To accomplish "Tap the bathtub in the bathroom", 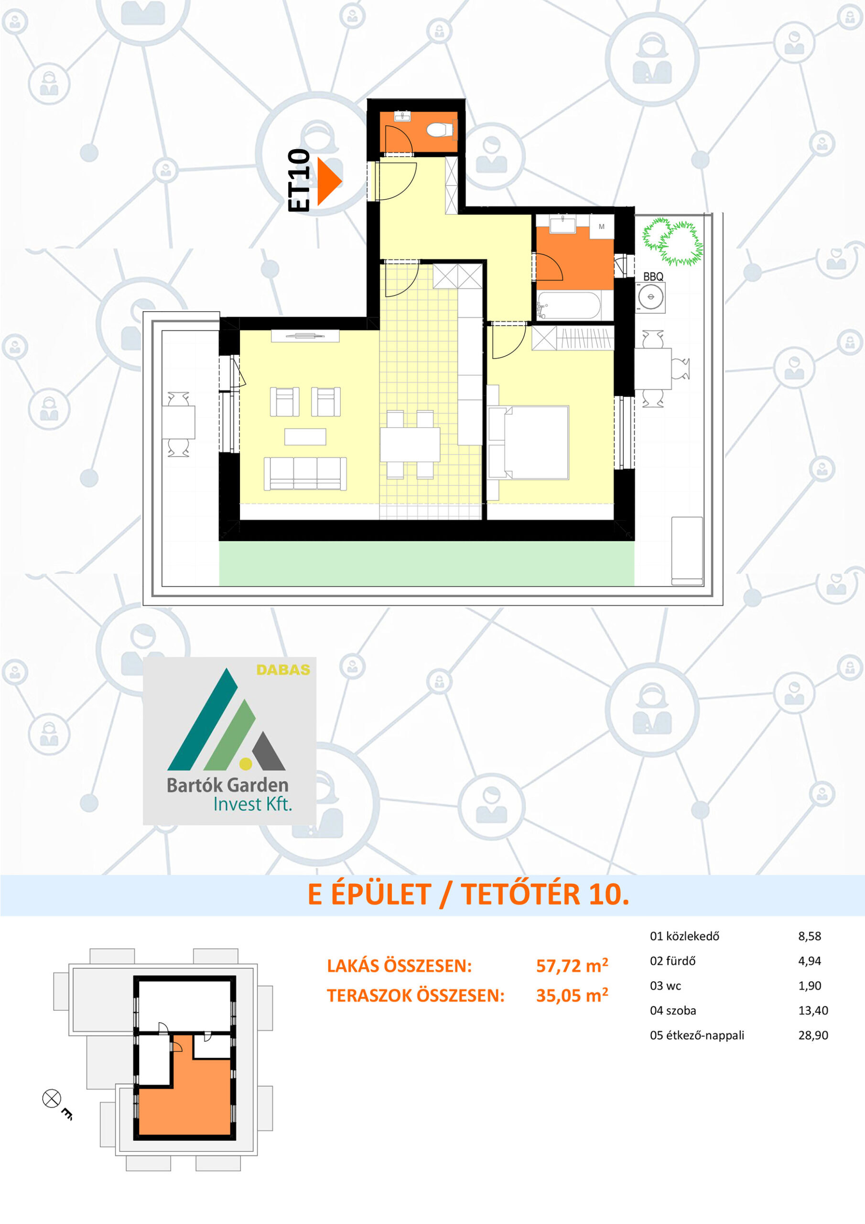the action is point(569,306).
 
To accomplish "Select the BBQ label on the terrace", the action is point(653,277).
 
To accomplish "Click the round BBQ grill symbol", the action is point(651,297).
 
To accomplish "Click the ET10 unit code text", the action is point(299,180).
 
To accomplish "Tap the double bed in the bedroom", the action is point(528,442).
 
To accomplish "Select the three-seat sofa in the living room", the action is point(305,473).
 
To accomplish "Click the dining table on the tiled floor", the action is point(410,444).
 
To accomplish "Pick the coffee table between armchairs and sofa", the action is point(305,437).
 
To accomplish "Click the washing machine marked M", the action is point(602,227).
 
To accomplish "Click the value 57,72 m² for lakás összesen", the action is point(572,966).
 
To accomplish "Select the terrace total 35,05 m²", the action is point(572,995).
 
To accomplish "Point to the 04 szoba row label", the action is point(672,1011).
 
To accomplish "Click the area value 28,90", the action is point(813,1035).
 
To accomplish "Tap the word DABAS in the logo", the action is point(283,669).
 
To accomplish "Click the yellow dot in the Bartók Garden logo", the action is point(246,764).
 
